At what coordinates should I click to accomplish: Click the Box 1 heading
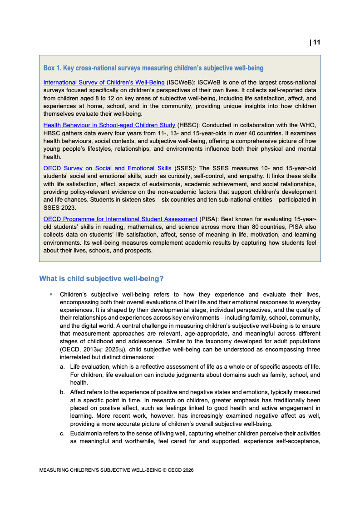153,68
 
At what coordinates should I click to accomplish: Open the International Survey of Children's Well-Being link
104,83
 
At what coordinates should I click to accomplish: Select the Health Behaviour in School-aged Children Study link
109,125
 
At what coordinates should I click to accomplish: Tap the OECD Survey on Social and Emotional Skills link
107,168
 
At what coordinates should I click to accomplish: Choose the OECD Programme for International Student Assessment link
120,219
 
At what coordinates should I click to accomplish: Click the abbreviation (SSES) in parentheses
184,168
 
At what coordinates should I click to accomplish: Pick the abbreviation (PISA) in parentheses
209,219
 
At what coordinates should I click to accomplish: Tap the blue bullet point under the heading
51,294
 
